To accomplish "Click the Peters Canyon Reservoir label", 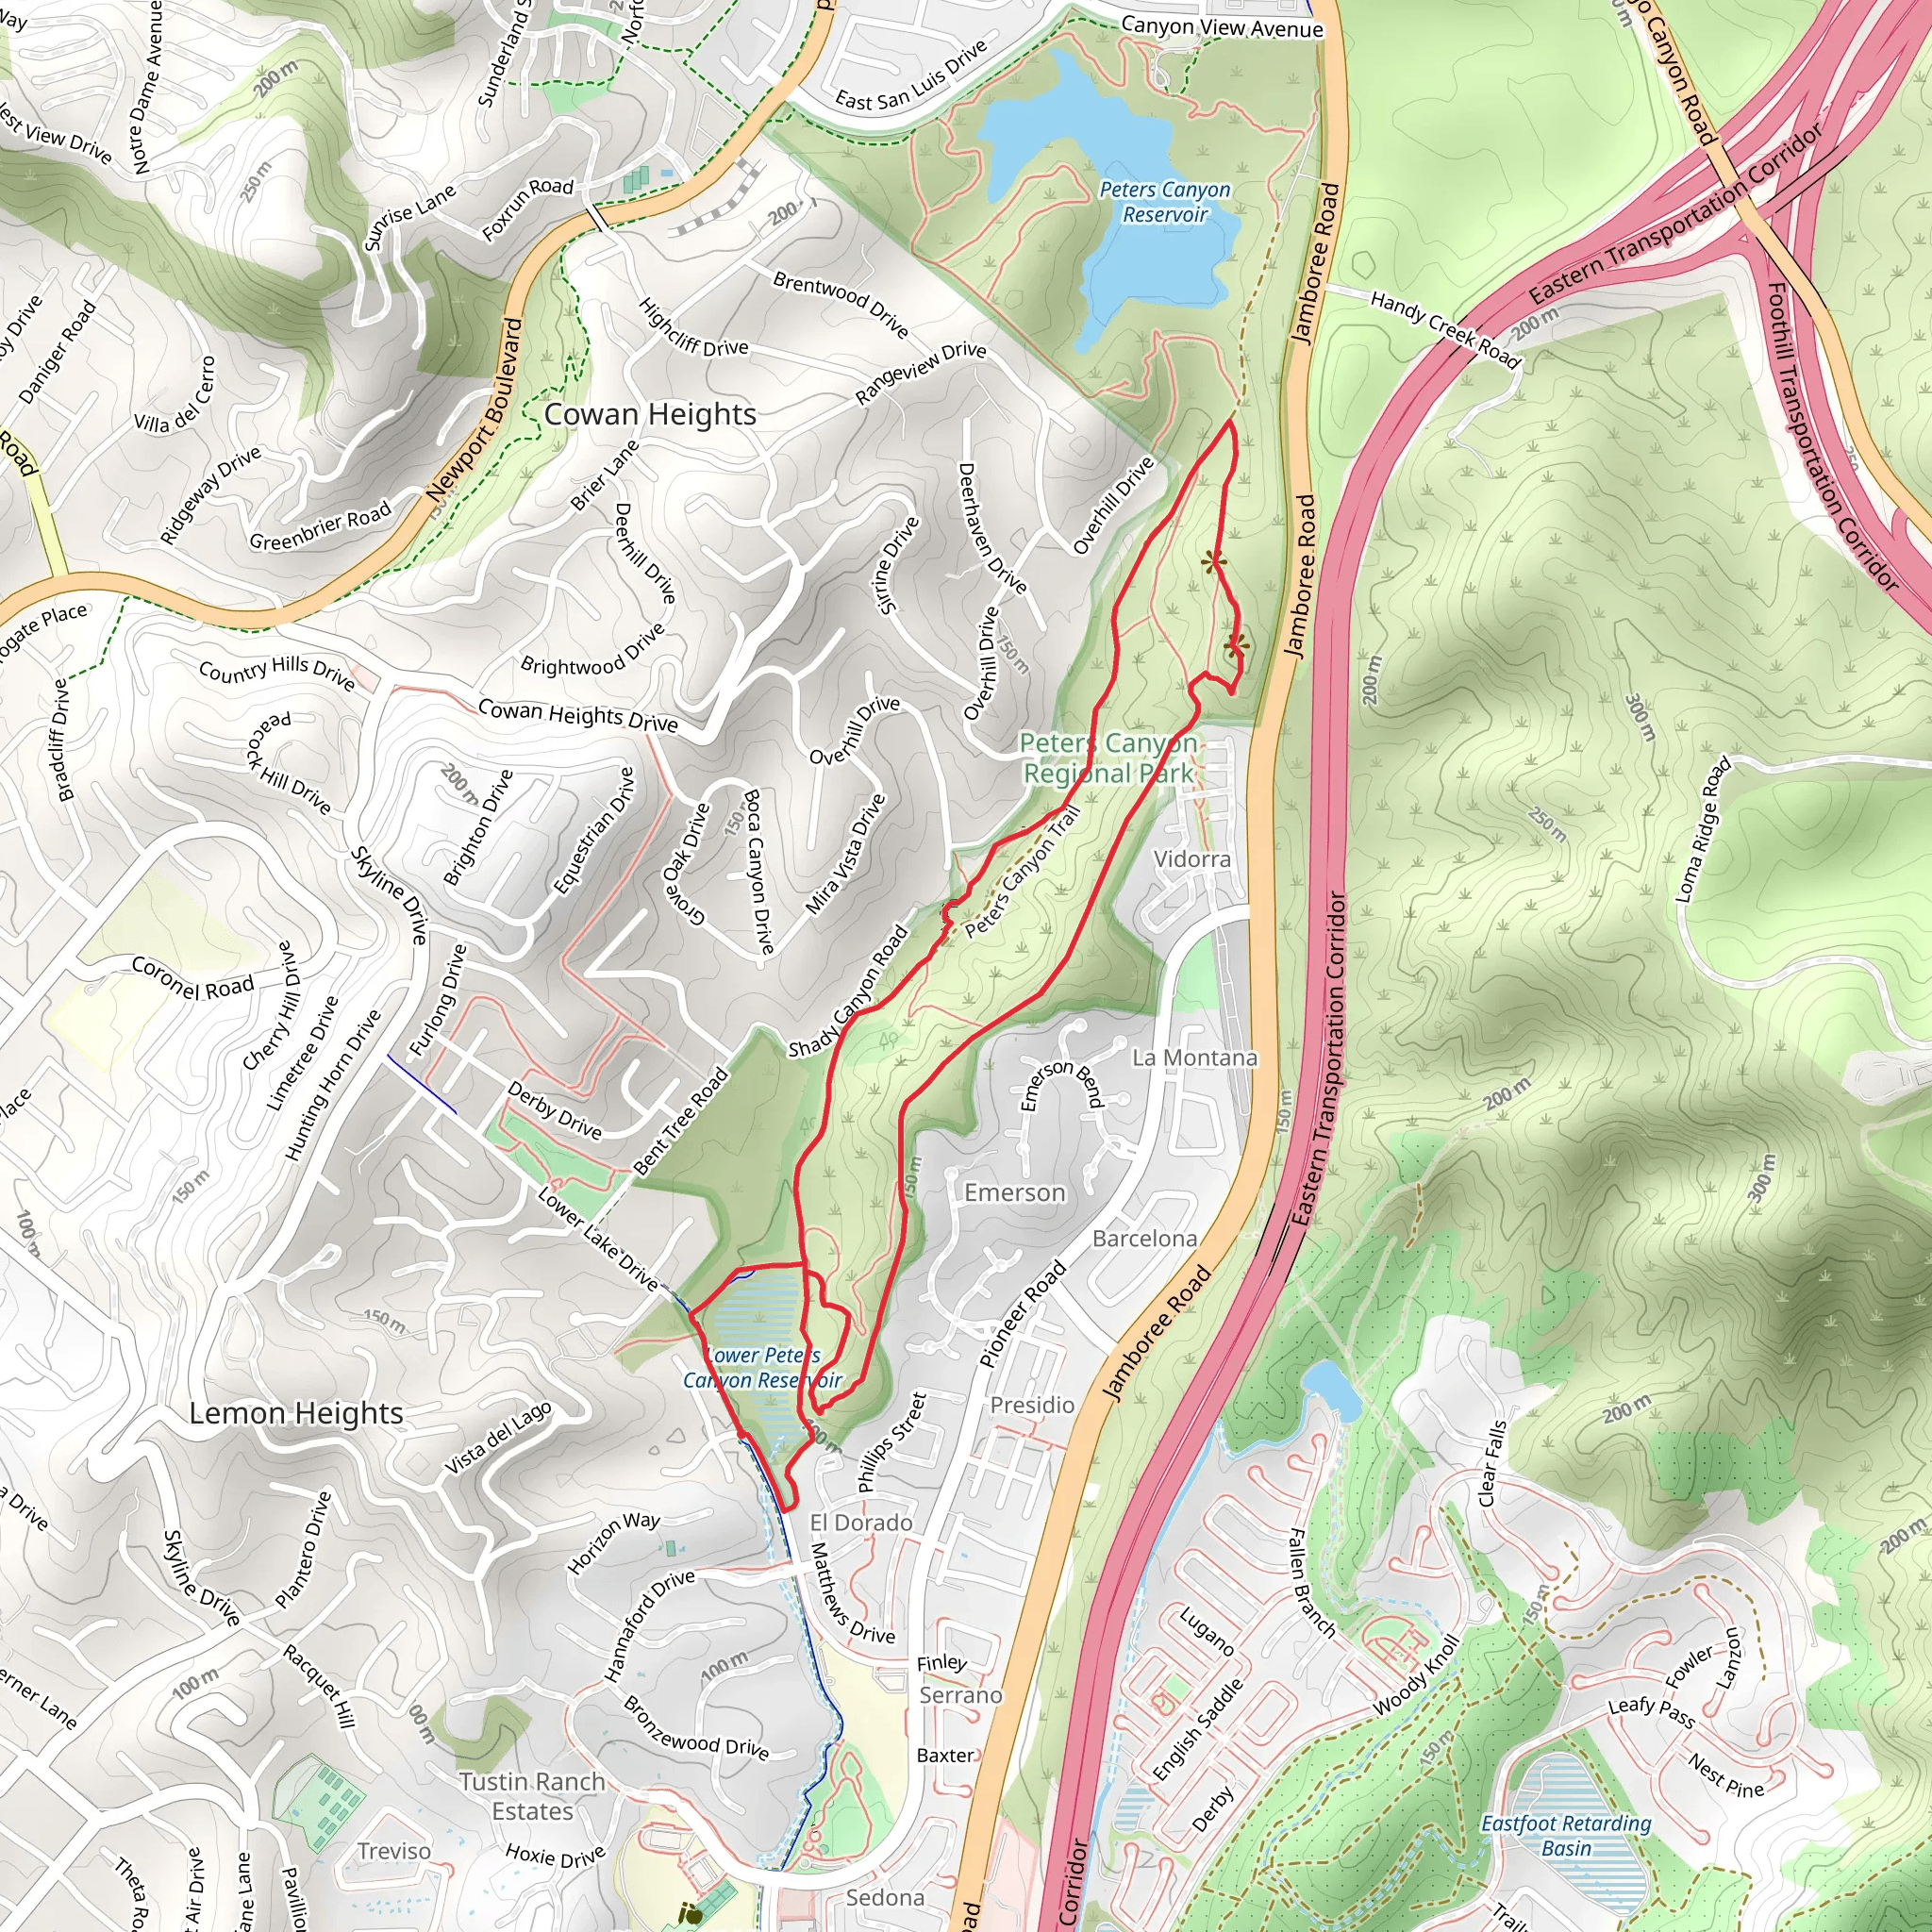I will tap(1165, 202).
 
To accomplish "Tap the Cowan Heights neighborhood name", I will tap(650, 414).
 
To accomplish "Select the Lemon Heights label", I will tap(296, 1413).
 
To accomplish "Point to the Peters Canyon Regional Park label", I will tap(1108, 758).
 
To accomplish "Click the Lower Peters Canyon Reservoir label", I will tap(762, 1368).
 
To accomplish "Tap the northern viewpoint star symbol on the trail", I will tap(1214, 562).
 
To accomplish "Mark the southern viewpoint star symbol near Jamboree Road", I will tap(1237, 646).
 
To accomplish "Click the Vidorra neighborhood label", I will tap(1192, 859).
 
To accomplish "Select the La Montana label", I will tap(1194, 1057).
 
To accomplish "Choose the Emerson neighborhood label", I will tap(1014, 1192).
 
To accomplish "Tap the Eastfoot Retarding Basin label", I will tap(1566, 1835).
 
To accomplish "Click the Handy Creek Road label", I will tap(1444, 329).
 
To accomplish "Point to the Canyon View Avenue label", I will tap(1222, 27).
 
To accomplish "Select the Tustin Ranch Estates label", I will tap(532, 1796).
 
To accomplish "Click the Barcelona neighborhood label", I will tap(1144, 1238).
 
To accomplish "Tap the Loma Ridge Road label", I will tap(1702, 830).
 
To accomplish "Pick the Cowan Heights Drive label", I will tap(577, 715).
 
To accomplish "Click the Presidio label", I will tap(1032, 1405).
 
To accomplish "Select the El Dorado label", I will tap(860, 1522).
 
